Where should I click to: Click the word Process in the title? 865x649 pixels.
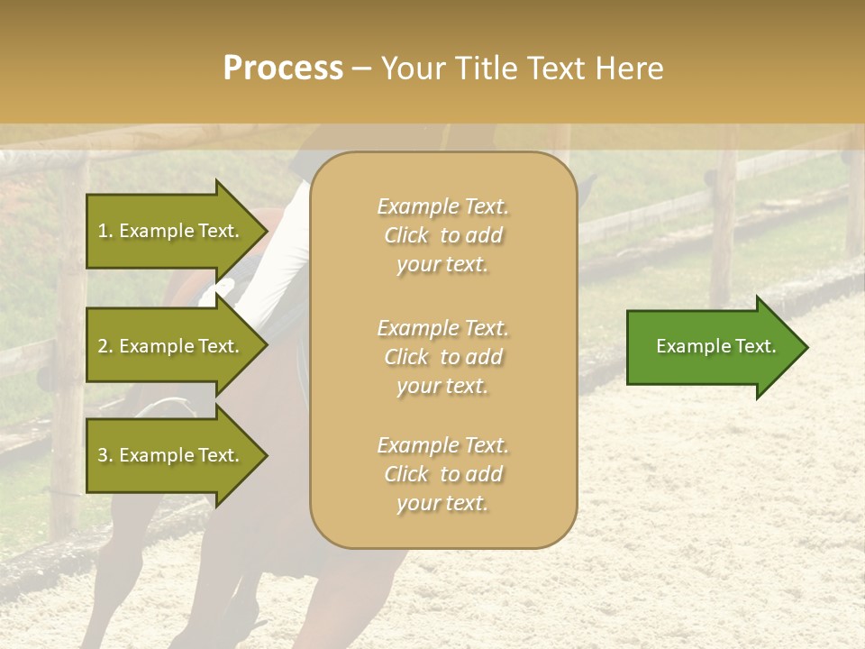coord(283,69)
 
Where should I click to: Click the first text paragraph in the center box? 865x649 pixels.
coord(442,235)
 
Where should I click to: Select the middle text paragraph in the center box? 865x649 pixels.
coord(442,356)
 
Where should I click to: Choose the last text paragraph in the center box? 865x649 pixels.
coord(442,474)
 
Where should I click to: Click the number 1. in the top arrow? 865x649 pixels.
coord(105,231)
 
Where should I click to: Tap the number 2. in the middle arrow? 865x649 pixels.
coord(105,346)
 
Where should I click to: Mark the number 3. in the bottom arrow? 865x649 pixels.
coord(105,455)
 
